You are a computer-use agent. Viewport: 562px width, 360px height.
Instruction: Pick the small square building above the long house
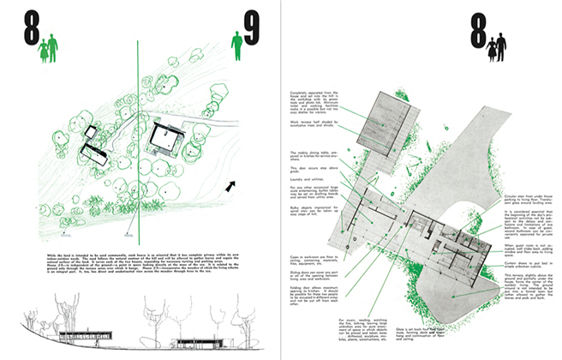(89, 133)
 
